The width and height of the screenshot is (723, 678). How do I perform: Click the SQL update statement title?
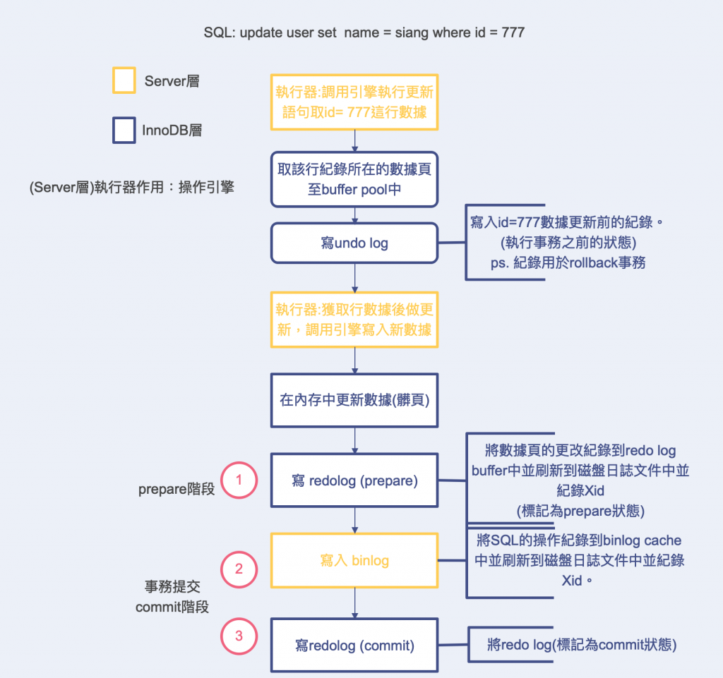[x=364, y=32]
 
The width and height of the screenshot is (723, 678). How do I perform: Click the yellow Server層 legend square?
[x=124, y=80]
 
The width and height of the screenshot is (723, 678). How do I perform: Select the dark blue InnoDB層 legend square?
[x=124, y=131]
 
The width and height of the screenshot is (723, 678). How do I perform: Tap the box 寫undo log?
[x=354, y=243]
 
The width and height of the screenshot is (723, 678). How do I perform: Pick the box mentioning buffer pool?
[x=354, y=179]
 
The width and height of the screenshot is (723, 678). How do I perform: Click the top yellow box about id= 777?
[x=354, y=102]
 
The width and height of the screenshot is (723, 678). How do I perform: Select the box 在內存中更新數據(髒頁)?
[x=354, y=400]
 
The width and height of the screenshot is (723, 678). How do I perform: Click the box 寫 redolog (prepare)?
[x=354, y=481]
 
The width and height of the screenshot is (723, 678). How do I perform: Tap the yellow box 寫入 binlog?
[x=354, y=561]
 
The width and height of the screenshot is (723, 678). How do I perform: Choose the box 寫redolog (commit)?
[x=354, y=645]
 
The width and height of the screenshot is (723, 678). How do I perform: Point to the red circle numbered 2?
[x=239, y=569]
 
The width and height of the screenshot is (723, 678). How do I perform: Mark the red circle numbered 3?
[x=239, y=636]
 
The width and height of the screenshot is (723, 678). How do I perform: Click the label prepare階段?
[x=177, y=489]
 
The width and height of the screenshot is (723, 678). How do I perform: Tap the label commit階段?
[x=172, y=606]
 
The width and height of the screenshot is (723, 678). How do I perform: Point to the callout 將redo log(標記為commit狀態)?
[x=582, y=645]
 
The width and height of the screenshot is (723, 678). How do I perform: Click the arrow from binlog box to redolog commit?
[x=354, y=603]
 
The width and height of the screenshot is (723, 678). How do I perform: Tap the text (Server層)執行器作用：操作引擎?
[x=132, y=188]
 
